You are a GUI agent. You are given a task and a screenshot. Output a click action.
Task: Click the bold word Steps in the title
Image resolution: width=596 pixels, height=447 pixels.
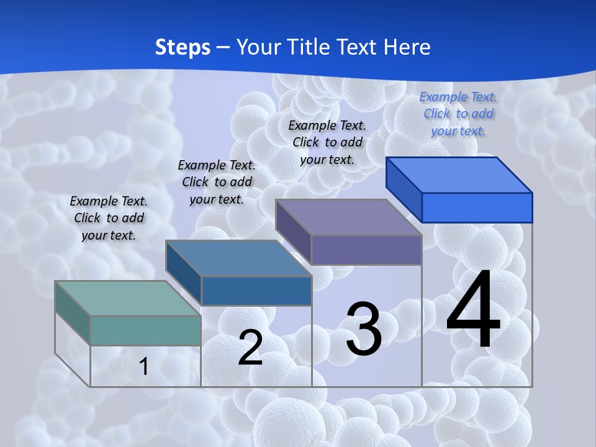tap(183, 47)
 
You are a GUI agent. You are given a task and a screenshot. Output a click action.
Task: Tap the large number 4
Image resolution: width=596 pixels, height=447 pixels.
tap(473, 310)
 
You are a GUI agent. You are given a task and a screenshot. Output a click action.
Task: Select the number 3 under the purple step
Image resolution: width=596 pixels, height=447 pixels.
tap(364, 329)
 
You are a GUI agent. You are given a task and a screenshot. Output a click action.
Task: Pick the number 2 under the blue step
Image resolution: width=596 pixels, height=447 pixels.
tap(250, 348)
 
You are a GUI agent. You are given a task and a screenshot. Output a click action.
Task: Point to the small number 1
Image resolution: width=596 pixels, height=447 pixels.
tap(143, 366)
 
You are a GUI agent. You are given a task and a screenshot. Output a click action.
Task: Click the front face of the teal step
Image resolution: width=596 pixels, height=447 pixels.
tap(145, 330)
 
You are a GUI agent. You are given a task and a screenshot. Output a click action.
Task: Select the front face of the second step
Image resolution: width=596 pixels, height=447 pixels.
tap(256, 291)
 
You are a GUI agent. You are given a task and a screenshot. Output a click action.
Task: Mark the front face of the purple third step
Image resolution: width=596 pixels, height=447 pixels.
tap(366, 250)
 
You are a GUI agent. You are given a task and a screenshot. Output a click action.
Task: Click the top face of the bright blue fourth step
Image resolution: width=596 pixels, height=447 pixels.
tap(459, 174)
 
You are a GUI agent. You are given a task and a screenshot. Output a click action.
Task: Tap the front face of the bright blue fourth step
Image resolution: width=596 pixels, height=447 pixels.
tap(477, 207)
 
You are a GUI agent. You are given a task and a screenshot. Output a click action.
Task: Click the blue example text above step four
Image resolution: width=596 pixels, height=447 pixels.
tap(458, 114)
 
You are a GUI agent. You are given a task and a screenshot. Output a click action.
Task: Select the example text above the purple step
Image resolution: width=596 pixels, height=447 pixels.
tap(327, 142)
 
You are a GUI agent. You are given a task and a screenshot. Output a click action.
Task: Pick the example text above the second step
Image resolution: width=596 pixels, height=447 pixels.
tap(217, 182)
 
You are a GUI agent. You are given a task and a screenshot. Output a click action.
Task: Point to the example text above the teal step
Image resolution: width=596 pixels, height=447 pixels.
tap(109, 218)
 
